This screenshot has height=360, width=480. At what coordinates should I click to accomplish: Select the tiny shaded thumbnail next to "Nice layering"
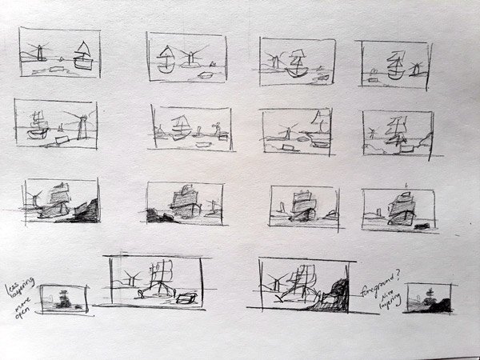click(x=430, y=298)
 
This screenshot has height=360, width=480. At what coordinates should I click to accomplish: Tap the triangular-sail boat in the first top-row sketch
click(x=82, y=56)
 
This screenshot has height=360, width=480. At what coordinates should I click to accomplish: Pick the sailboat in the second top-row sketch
click(x=166, y=60)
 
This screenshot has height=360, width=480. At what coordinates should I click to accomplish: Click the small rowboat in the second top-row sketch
click(x=206, y=75)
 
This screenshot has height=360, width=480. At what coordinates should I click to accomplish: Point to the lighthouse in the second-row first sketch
click(x=80, y=124)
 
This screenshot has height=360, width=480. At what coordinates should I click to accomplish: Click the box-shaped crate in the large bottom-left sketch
click(x=186, y=298)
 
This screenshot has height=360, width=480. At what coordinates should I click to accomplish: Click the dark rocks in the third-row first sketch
click(x=85, y=210)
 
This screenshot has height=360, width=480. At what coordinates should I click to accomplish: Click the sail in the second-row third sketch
click(x=319, y=122)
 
